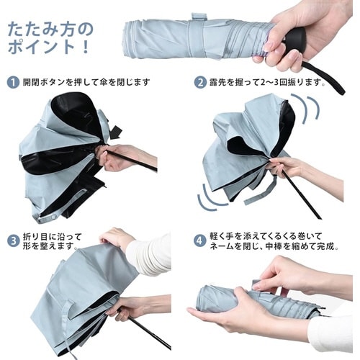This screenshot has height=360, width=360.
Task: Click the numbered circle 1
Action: pyautogui.click(x=13, y=82)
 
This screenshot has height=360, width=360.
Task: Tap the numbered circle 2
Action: pyautogui.click(x=200, y=82)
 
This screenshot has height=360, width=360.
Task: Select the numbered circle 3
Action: pyautogui.click(x=14, y=240)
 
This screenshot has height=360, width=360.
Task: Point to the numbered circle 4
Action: pyautogui.click(x=200, y=240)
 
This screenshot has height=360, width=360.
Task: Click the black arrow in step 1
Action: pyautogui.click(x=115, y=132)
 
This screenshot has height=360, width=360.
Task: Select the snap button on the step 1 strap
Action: pyautogui.click(x=53, y=217)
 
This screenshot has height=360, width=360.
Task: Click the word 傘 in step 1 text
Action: pyautogui.click(x=104, y=82)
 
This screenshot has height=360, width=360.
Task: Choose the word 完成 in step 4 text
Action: pyautogui.click(x=325, y=246)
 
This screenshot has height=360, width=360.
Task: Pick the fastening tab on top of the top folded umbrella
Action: pyautogui.click(x=199, y=17)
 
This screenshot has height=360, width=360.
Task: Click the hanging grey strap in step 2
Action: pyautogui.click(x=261, y=192)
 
